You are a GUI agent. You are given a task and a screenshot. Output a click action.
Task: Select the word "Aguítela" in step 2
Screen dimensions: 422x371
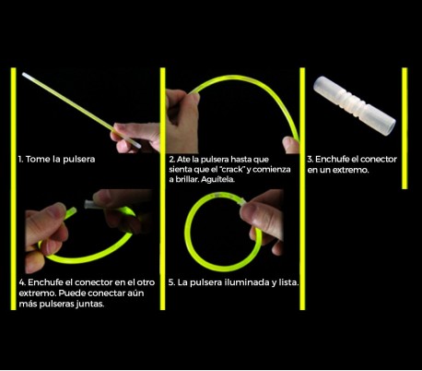(x=217, y=179)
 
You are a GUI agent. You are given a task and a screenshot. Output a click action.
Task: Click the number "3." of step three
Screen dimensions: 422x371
(x=310, y=160)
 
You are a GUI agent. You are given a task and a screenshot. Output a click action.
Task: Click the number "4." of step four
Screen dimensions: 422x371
(x=22, y=282)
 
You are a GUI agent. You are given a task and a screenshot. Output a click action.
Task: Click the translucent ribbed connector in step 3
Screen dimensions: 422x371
(x=355, y=106)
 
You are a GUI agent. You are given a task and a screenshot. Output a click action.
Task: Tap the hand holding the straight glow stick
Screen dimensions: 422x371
(x=135, y=138)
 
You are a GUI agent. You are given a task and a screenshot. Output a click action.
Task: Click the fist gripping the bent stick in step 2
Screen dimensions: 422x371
(x=182, y=121)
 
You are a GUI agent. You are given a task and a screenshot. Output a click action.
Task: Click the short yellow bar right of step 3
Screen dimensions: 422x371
(x=404, y=128)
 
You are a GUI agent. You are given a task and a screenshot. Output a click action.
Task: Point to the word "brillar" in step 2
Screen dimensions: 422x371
(x=186, y=180)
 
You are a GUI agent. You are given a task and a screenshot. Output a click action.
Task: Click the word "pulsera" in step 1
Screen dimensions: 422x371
(x=78, y=160)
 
